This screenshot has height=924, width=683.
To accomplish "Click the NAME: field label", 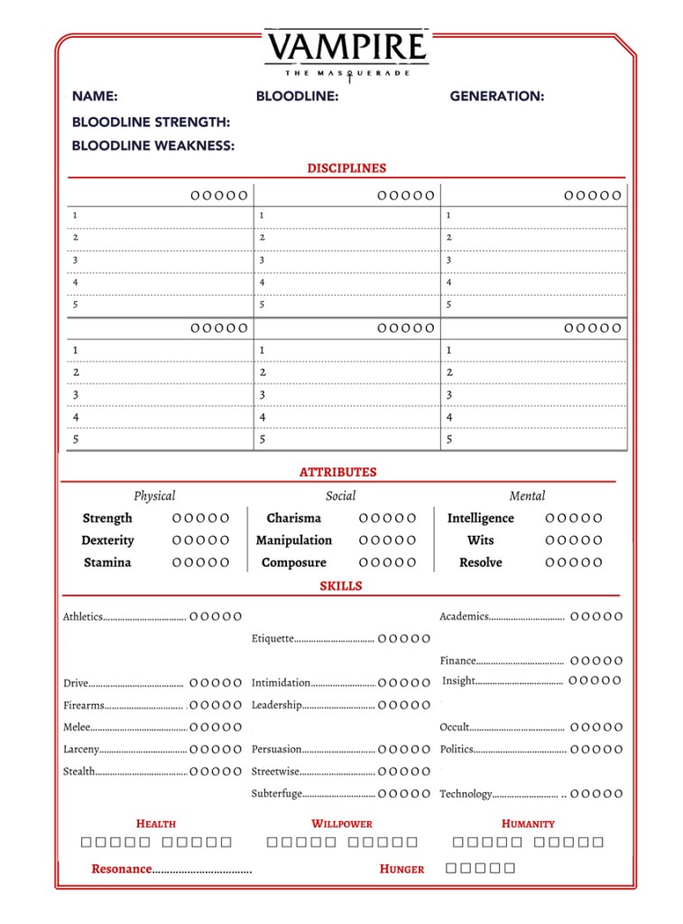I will [95, 97].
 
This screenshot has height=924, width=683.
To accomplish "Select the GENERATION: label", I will [496, 97].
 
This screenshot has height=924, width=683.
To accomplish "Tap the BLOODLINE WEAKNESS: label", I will [153, 146].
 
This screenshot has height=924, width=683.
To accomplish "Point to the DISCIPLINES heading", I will [346, 168].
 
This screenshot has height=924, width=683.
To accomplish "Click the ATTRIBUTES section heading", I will [338, 472].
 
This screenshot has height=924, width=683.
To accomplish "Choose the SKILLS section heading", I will [340, 586].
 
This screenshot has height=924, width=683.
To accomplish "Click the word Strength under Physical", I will [107, 518].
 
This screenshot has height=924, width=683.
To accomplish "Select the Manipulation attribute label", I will [294, 541].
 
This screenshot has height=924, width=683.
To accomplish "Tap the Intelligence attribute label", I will [480, 518].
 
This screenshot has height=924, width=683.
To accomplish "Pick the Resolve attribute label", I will [480, 562].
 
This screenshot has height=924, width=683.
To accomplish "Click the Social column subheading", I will [340, 495].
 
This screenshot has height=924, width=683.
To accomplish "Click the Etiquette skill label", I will [272, 639].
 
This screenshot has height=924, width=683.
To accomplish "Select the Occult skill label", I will [454, 727].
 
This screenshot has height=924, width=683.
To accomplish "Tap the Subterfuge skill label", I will [276, 794].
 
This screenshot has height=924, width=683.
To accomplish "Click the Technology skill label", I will [466, 794].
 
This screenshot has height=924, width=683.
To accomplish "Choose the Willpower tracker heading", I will [342, 824].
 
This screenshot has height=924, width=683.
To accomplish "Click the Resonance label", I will [122, 869].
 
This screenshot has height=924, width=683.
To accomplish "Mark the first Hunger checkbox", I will [453, 869].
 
